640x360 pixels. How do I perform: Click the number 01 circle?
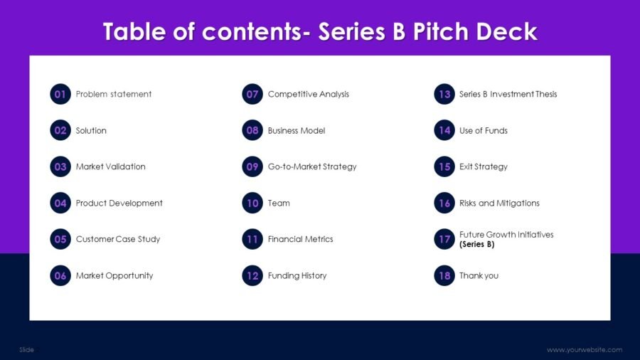(x=60, y=94)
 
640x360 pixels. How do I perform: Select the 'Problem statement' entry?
(x=114, y=94)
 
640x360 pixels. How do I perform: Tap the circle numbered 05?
(x=60, y=239)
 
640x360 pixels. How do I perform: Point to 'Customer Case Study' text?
(x=118, y=239)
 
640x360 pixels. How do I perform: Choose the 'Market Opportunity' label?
(x=114, y=275)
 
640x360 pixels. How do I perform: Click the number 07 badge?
(x=252, y=94)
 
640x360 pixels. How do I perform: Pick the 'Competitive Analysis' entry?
(x=309, y=94)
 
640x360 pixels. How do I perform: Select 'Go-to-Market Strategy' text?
(x=312, y=166)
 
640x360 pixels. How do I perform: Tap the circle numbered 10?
(x=252, y=203)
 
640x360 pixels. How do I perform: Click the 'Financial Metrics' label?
(x=300, y=239)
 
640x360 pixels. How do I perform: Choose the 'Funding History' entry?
(x=297, y=275)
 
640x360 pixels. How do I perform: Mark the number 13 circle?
(x=444, y=94)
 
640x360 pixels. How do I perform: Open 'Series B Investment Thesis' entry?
(x=508, y=94)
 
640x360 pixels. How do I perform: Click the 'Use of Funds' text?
(x=484, y=130)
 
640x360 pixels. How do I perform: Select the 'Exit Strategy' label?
(x=484, y=166)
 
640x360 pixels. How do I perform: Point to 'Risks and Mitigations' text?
(x=499, y=203)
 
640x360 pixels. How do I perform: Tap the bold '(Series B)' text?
(x=477, y=244)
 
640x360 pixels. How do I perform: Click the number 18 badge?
(x=444, y=275)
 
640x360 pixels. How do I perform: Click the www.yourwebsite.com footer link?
(x=585, y=349)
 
